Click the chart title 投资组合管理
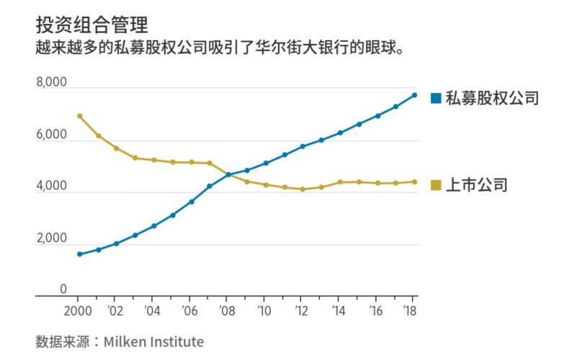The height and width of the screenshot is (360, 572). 91,24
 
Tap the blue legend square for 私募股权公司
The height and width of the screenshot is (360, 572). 435,98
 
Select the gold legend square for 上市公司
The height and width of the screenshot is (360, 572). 435,185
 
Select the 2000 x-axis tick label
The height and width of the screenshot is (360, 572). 79,311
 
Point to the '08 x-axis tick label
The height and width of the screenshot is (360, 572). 226,311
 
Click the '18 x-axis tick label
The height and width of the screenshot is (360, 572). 411,311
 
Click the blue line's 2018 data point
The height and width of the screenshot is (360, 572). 414,95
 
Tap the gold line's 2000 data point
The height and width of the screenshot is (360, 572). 79,116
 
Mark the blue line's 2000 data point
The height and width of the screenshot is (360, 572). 79,254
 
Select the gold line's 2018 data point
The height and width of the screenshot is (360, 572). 414,181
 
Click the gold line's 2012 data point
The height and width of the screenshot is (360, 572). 303,189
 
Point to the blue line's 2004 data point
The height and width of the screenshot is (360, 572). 153,226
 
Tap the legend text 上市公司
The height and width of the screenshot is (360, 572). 477,185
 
